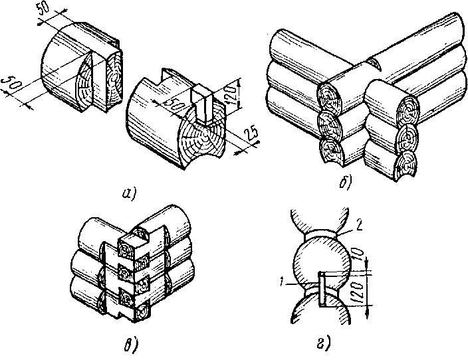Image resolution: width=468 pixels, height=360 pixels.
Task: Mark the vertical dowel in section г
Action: coord(322,290)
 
